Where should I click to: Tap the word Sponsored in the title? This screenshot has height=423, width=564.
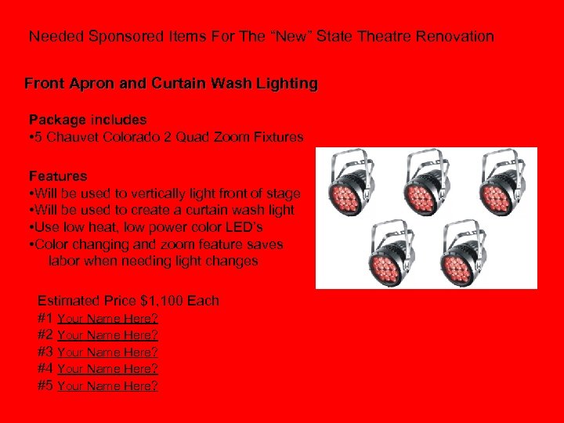click(125, 37)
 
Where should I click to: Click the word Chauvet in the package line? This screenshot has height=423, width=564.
click(69, 137)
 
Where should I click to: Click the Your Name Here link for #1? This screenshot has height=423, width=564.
click(108, 319)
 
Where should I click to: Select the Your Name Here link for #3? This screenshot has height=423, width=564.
click(108, 352)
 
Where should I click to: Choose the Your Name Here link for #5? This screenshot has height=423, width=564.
click(108, 386)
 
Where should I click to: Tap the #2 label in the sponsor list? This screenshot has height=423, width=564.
click(46, 335)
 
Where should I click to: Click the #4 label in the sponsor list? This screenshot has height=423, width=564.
click(46, 369)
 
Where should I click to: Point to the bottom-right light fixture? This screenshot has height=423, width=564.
click(465, 251)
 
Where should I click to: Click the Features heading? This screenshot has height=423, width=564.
click(58, 176)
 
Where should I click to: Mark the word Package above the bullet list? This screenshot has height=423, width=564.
click(57, 120)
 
